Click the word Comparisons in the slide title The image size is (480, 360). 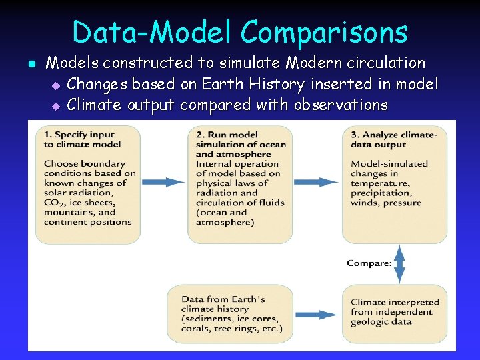coord(324,32)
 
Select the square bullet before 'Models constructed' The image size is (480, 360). coord(31,65)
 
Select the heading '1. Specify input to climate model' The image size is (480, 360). coord(82,139)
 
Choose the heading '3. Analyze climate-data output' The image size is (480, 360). coord(394,139)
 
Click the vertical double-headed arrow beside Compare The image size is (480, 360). coord(399,263)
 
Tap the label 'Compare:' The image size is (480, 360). coord(369,263)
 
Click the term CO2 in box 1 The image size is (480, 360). coord(54,203)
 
